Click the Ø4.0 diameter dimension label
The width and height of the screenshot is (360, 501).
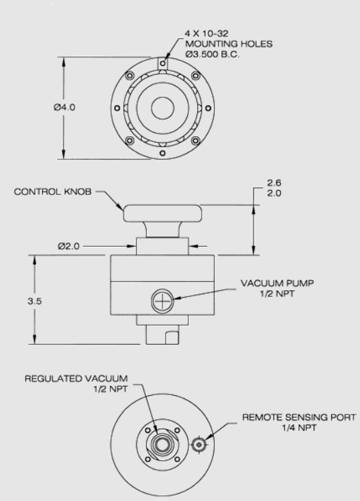pos(64,107)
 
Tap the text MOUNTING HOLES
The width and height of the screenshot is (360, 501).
pos(229,44)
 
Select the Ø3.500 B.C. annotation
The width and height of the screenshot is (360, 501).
pos(213,54)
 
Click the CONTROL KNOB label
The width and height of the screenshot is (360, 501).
pos(53,192)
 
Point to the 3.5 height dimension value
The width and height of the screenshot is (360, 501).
pos(34,301)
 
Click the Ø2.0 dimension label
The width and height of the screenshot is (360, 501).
pos(68,246)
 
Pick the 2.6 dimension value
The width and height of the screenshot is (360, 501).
pos(274,183)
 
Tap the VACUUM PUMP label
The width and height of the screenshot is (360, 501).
pos(278,284)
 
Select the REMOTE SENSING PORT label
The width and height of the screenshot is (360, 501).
pos(299,417)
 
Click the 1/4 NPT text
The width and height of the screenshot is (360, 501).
pos(299,427)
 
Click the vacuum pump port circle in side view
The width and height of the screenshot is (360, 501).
pos(162,300)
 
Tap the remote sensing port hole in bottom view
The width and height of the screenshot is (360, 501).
pos(199,445)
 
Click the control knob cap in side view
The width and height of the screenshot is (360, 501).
pos(163,213)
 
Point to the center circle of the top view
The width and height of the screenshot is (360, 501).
pos(163,108)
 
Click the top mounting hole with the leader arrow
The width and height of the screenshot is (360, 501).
pos(163,63)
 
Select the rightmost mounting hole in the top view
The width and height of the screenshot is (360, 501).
pos(208,109)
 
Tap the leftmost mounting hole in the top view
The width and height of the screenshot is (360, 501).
pos(117,109)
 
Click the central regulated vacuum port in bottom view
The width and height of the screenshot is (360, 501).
pos(162,445)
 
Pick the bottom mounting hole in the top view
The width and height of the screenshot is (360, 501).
pos(163,154)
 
